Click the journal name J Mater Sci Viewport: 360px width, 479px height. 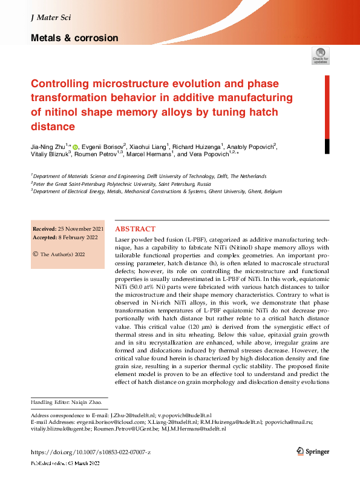click(x=50, y=19)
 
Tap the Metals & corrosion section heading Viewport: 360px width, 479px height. click(x=74, y=38)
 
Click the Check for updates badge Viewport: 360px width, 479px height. click(x=321, y=56)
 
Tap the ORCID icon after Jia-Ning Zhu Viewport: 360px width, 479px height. click(x=75, y=146)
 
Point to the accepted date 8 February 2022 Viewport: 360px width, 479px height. click(x=80, y=237)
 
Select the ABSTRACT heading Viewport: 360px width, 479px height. click(x=135, y=230)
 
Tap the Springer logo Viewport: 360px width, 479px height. click(x=313, y=452)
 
